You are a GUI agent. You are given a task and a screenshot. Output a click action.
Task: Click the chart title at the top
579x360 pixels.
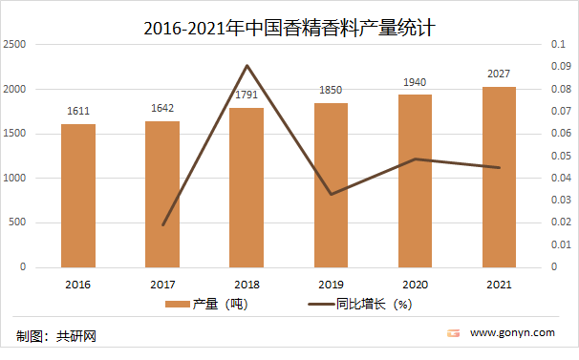[289, 28]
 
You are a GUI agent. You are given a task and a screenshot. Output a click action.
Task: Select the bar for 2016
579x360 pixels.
[78, 195]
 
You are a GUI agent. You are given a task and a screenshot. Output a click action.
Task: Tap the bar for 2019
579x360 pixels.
[331, 184]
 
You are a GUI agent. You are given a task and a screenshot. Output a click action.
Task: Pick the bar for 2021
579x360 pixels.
[499, 177]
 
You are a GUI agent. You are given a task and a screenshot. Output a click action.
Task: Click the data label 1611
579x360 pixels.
[78, 112]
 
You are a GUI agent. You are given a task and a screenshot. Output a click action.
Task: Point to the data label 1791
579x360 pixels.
[247, 95]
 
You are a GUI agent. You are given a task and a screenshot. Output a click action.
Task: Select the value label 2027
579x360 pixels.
[499, 74]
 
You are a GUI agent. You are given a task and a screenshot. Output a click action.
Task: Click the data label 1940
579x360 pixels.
[415, 82]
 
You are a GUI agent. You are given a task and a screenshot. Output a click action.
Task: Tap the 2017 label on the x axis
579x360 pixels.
[162, 284]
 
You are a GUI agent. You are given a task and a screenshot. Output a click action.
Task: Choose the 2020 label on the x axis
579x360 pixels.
[415, 284]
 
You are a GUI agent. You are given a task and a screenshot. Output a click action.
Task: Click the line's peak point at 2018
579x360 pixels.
[247, 65]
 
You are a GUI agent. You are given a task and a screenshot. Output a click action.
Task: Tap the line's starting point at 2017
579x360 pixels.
[162, 225]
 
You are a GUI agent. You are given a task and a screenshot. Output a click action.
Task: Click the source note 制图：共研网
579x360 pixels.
[56, 336]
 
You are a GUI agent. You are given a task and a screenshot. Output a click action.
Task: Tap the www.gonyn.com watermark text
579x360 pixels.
[512, 333]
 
